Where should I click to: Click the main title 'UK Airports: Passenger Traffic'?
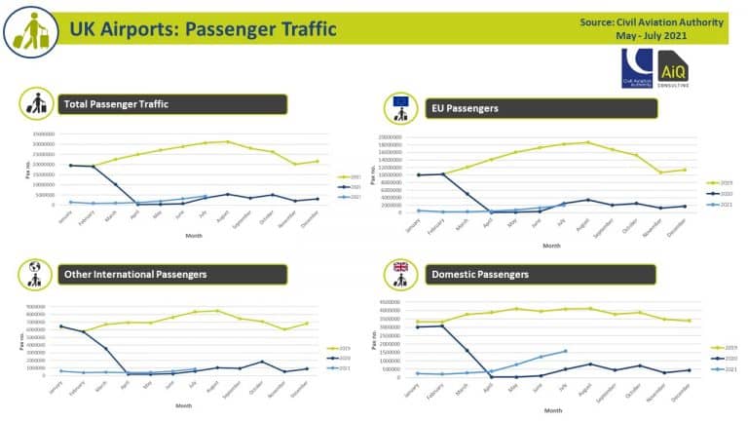202,29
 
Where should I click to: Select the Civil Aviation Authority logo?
638,70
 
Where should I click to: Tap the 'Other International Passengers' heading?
135,274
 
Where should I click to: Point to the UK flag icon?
399,268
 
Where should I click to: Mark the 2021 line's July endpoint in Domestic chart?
565,351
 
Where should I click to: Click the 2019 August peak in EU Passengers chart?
587,142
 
